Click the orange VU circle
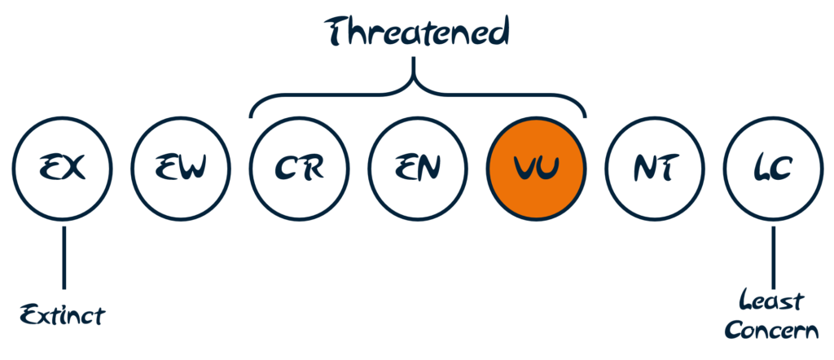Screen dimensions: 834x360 click(537, 168)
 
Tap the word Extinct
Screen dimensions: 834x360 click(63, 316)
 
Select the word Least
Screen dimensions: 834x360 click(770, 302)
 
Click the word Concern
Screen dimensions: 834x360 click(773, 330)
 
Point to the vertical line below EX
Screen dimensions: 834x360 click(64, 258)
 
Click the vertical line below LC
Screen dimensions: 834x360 click(774, 257)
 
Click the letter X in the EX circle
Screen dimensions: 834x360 click(74, 169)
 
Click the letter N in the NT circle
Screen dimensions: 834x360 click(646, 169)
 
